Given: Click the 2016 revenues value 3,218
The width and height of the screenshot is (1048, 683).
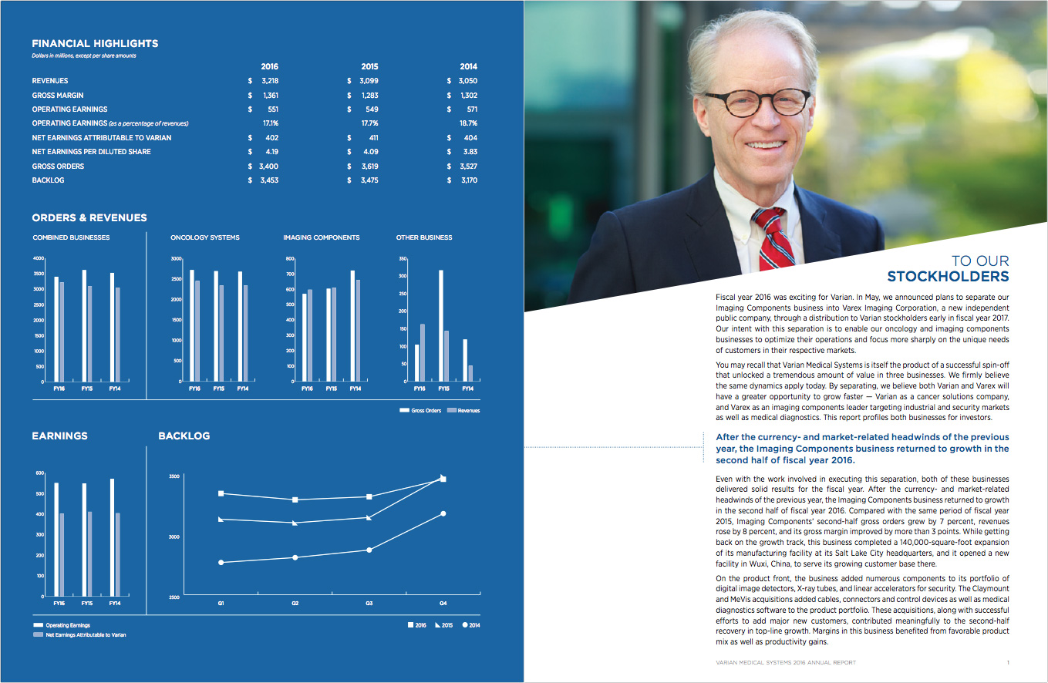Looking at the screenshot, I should (270, 81).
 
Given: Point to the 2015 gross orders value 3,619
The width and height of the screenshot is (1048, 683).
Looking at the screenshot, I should (369, 167).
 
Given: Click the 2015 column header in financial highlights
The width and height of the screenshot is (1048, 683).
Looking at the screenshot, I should (369, 66).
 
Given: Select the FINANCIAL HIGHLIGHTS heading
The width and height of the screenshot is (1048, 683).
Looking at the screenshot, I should (95, 44).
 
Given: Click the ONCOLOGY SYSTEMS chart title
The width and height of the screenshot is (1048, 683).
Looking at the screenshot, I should (204, 237).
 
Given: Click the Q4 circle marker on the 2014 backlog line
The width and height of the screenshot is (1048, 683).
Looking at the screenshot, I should (443, 513).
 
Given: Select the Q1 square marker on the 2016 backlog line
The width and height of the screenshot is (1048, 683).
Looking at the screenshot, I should (221, 493).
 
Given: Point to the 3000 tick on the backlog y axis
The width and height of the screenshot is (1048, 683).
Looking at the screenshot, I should (173, 537).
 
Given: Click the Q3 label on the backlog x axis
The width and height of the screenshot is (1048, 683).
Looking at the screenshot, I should (369, 604).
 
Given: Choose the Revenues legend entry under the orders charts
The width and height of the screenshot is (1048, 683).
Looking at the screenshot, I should (463, 410).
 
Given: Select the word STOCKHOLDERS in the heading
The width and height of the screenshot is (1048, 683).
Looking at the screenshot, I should (948, 277).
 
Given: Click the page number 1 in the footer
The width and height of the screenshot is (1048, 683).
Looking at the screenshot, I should (1008, 662).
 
